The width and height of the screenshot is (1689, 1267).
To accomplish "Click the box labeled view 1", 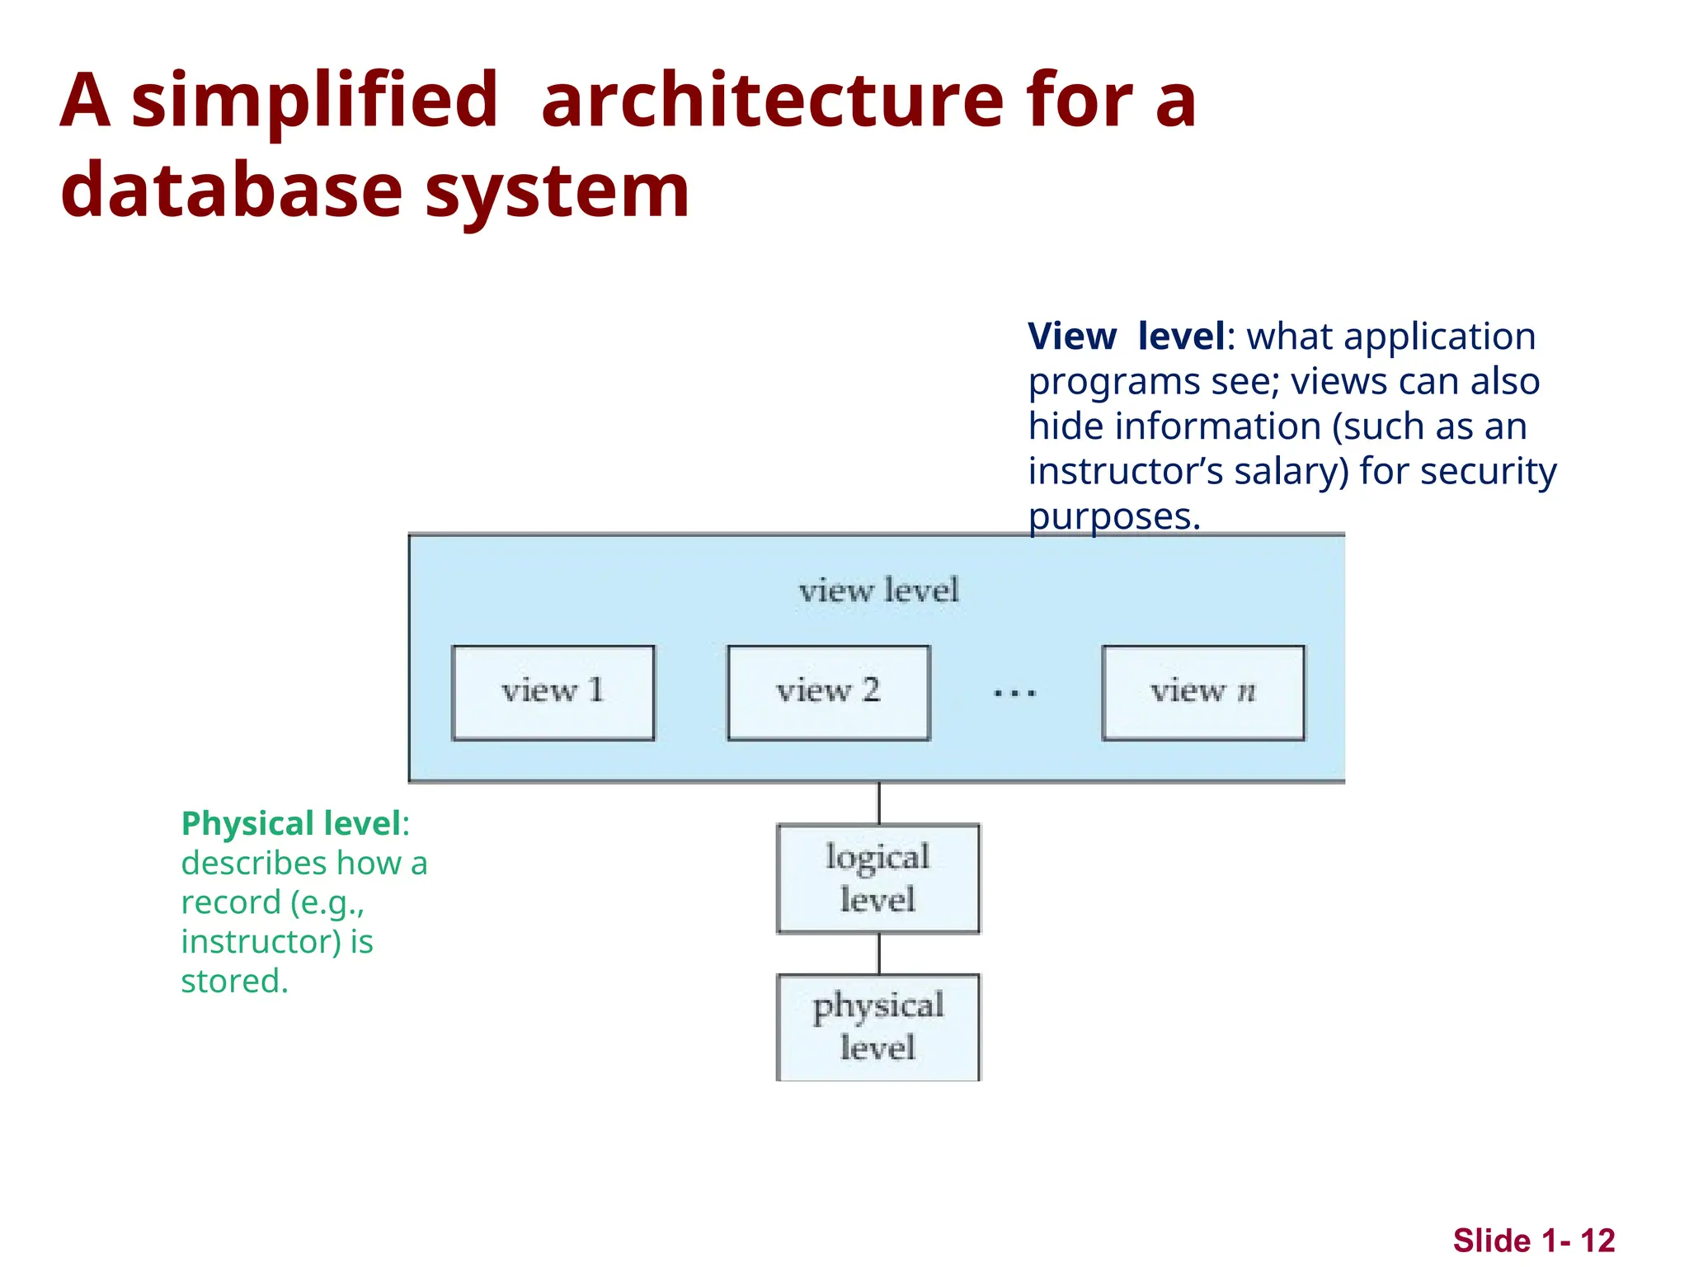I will pyautogui.click(x=553, y=693).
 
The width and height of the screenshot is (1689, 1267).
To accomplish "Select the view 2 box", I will pyautogui.click(x=828, y=693).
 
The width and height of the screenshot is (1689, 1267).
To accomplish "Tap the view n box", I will pyautogui.click(x=1202, y=693).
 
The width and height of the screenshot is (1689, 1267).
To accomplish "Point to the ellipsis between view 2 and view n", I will pyautogui.click(x=1014, y=694).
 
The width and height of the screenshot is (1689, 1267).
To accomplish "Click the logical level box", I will pyautogui.click(x=878, y=878).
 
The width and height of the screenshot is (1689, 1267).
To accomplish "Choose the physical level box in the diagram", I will pyautogui.click(x=878, y=1027).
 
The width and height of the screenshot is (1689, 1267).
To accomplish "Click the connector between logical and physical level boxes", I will pyautogui.click(x=879, y=954).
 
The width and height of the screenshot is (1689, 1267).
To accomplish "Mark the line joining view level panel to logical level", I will pyautogui.click(x=879, y=803).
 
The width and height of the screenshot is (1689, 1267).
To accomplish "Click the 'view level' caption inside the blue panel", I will pyautogui.click(x=878, y=591).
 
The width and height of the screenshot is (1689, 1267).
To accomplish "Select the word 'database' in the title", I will pyautogui.click(x=231, y=191).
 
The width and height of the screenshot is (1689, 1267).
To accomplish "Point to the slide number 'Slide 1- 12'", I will pyautogui.click(x=1533, y=1241).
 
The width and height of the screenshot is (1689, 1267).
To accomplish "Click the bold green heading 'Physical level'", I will pyautogui.click(x=291, y=823).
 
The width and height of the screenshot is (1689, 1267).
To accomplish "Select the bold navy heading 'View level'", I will pyautogui.click(x=1127, y=337).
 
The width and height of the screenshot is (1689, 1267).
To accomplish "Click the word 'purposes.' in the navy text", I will pyautogui.click(x=1113, y=517).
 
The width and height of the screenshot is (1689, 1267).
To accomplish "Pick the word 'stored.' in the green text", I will pyautogui.click(x=234, y=982).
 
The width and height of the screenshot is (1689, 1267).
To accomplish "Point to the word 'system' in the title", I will pyautogui.click(x=557, y=191).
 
